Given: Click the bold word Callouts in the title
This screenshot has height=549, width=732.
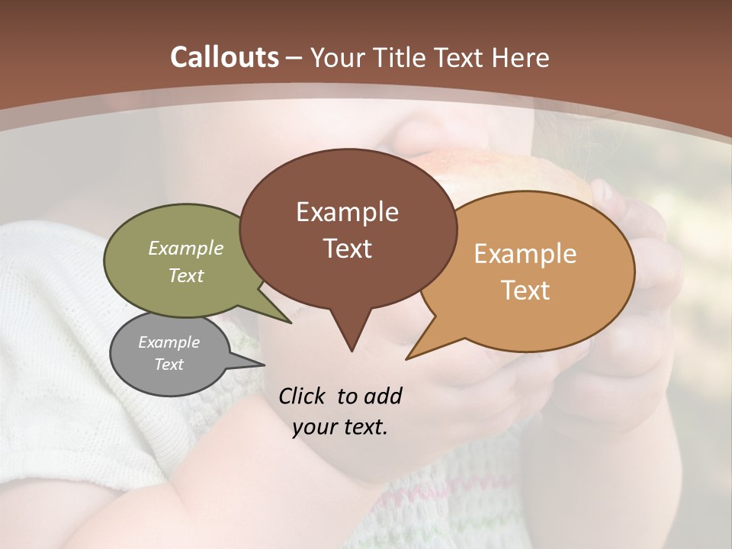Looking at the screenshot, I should (224, 57).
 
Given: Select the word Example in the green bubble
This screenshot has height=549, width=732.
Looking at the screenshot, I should (186, 248).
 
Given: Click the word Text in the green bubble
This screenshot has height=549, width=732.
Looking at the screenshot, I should (186, 275).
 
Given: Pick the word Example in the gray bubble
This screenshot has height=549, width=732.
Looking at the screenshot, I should (169, 342).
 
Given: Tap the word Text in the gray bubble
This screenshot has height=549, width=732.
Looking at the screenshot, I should (169, 364).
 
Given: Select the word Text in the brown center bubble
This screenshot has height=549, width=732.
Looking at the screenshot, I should (347, 248).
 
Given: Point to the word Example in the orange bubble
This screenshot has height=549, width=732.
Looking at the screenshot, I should (525, 253).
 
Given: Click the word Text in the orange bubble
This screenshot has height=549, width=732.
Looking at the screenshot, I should (525, 290).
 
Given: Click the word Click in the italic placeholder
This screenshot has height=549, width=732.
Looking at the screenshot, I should (303, 396).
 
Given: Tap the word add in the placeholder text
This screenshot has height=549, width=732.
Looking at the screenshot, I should (383, 396).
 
